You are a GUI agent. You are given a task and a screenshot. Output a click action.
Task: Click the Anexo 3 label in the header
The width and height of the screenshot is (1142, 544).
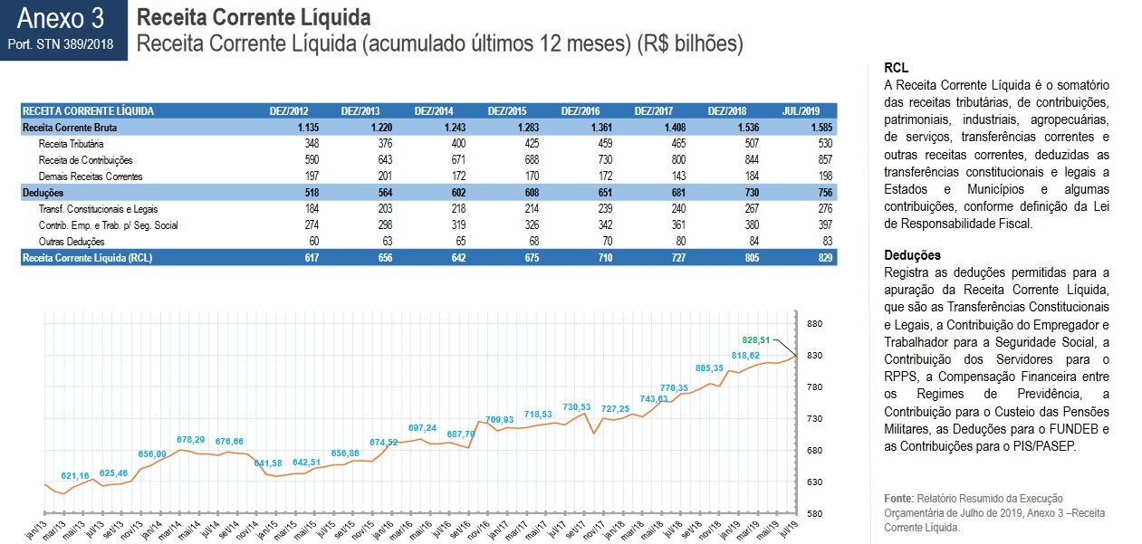click(x=62, y=17)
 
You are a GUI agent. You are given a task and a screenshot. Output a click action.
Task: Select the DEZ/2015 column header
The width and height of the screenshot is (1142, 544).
click(x=507, y=111)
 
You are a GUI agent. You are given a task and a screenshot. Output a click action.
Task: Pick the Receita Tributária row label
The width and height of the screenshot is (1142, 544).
click(x=71, y=144)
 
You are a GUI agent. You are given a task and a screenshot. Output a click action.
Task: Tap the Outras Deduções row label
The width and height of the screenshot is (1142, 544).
click(x=72, y=242)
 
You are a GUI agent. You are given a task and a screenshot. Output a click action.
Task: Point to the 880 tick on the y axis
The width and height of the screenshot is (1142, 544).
click(x=813, y=324)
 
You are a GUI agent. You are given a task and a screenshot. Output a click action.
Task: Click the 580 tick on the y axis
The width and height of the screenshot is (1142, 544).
click(x=813, y=514)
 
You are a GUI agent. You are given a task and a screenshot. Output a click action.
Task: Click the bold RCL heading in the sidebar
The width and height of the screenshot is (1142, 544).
click(x=896, y=68)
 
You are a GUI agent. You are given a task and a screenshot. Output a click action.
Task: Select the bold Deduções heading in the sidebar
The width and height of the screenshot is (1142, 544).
click(x=912, y=255)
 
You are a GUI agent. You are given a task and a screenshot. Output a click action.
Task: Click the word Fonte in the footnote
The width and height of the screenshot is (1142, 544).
click(x=898, y=499)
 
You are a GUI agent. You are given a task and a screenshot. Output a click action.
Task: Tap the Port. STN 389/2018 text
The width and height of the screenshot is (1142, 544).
click(x=62, y=43)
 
